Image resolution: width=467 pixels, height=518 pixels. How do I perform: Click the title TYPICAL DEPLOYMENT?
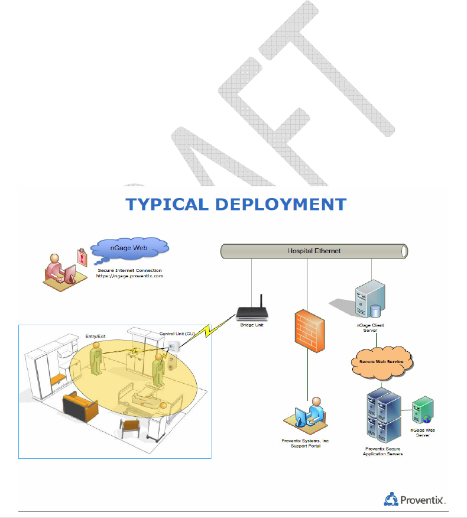click(x=236, y=205)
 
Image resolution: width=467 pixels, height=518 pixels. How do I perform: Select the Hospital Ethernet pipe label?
click(x=314, y=251)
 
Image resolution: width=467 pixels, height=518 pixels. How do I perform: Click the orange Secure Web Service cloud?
click(x=379, y=360)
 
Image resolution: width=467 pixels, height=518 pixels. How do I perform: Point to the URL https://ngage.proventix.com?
click(x=129, y=276)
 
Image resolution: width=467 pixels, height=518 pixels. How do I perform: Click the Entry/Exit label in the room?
click(x=95, y=336)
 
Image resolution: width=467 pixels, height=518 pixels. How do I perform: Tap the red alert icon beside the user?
click(x=81, y=256)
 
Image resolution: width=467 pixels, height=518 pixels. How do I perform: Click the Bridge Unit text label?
click(x=252, y=326)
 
